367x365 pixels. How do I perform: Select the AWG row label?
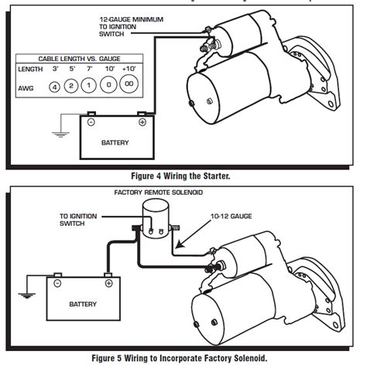[28, 86]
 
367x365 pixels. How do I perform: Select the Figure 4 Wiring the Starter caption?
[183, 176]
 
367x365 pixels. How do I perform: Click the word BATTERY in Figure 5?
[83, 304]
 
